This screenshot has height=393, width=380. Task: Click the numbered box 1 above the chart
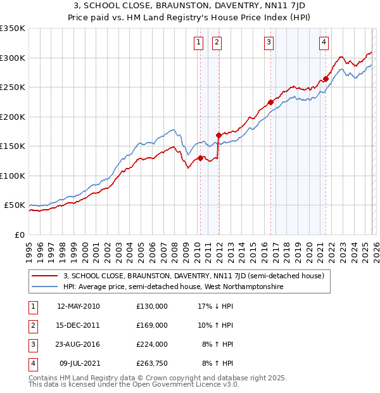tap(198, 42)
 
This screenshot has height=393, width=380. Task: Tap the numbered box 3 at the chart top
tap(269, 42)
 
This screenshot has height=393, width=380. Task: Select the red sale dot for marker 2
tap(218, 135)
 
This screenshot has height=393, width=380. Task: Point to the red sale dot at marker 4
tap(326, 79)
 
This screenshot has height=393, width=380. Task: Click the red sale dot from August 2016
tap(270, 102)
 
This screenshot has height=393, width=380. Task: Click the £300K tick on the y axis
tap(13, 58)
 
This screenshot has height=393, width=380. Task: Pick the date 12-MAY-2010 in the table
tap(78, 306)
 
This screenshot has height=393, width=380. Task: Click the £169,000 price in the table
tap(151, 325)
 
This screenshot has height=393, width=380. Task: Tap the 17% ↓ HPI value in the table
tap(215, 306)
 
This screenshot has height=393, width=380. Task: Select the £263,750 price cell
tap(151, 363)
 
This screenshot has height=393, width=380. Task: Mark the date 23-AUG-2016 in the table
tap(78, 344)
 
